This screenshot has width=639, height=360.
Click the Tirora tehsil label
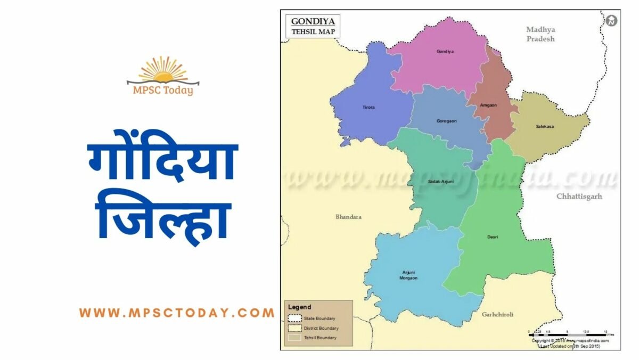click(x=368, y=108)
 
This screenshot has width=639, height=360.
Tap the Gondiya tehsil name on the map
click(x=445, y=52)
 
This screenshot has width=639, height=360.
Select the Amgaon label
click(x=489, y=105)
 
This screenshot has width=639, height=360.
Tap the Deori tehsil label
click(x=493, y=236)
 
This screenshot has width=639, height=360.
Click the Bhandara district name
click(x=348, y=217)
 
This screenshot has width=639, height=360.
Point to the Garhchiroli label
click(x=497, y=315)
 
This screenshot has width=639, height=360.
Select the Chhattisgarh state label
click(x=579, y=197)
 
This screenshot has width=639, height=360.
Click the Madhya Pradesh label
click(x=540, y=34)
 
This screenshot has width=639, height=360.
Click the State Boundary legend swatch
click(x=294, y=318)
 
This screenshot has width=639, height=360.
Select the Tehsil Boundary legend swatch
click(x=294, y=338)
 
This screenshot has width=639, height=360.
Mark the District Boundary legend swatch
click(x=294, y=328)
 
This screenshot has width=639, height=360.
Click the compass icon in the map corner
click(x=611, y=21)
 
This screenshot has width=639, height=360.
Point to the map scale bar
click(x=570, y=332)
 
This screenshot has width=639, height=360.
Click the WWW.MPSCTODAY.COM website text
click(x=177, y=313)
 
